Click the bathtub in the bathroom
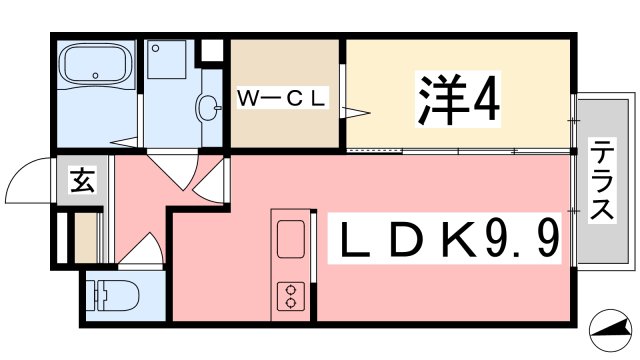95,68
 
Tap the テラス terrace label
602,181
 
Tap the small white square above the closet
212,48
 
